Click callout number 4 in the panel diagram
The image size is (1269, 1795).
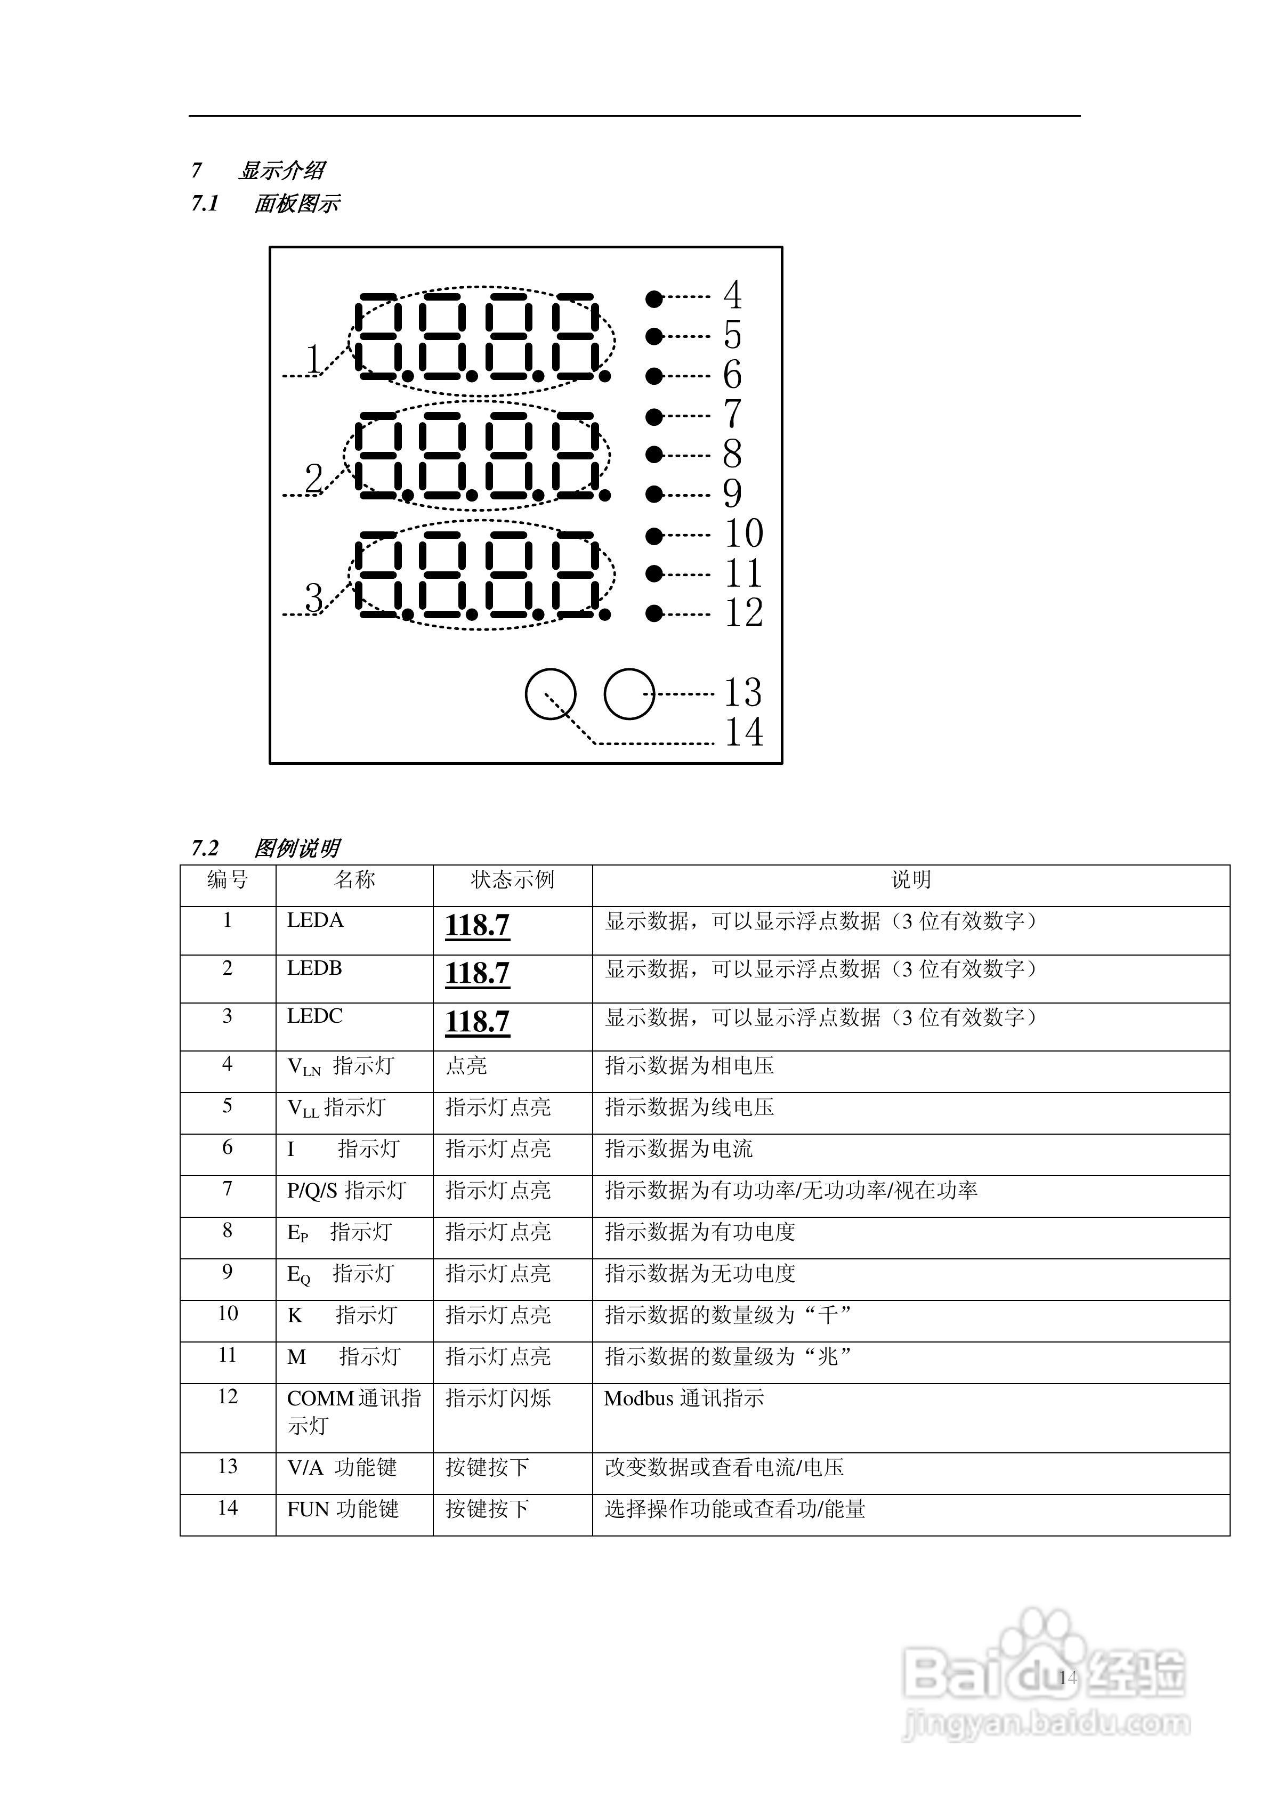coord(732,295)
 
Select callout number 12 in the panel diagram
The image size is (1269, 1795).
coord(743,613)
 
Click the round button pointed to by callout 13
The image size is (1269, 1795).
coord(628,693)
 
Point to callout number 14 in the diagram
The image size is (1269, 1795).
coord(743,732)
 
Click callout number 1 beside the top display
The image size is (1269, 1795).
coord(313,360)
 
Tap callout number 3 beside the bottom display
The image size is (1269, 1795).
coord(313,598)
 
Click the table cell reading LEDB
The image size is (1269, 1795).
coord(314,968)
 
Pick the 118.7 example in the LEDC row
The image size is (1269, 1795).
coord(478,1022)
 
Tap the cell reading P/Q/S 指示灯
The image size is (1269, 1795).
coord(346,1191)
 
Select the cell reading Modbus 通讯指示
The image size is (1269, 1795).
coord(684,1398)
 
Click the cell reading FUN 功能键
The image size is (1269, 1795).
coord(343,1509)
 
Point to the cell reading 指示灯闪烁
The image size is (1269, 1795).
coord(498,1398)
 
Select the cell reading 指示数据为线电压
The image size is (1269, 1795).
coord(690,1107)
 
